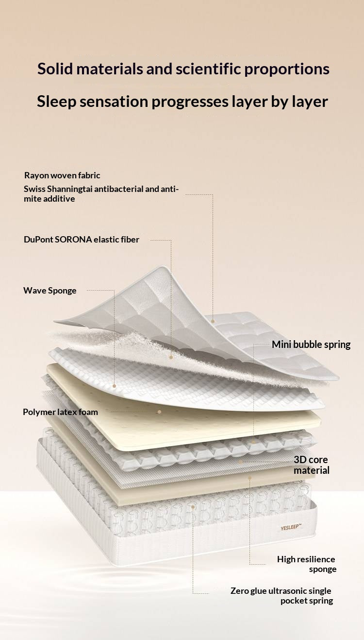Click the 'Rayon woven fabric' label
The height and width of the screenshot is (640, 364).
62,175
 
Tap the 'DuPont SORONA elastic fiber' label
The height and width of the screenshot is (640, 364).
82,240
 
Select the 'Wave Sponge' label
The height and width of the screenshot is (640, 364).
50,291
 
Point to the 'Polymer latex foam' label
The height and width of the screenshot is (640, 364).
61,412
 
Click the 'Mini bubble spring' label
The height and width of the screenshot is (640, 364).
311,345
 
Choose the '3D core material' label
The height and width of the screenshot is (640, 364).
312,465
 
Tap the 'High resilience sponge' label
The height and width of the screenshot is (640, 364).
307,564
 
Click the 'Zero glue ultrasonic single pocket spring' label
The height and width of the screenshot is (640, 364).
281,596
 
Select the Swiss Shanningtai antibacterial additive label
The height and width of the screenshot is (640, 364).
101,194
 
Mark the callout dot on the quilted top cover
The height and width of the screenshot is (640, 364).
213,321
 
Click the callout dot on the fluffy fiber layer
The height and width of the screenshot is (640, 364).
171,357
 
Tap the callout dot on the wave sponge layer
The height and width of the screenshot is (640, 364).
115,386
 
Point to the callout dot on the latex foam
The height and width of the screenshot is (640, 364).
159,412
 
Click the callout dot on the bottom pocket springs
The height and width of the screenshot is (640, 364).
193,507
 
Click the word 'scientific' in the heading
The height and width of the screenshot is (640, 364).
208,69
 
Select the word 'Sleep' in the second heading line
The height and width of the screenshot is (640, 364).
57,102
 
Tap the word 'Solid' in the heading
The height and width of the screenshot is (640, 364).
54,69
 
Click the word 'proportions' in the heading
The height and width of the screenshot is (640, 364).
287,69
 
